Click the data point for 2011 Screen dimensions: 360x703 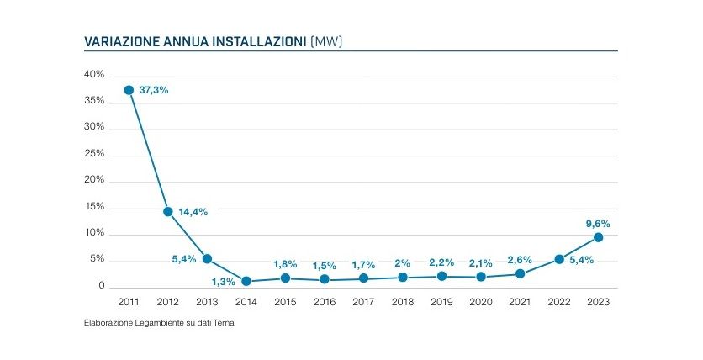click(x=129, y=90)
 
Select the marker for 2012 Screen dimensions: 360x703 click(x=168, y=211)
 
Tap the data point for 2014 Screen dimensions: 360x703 click(x=246, y=281)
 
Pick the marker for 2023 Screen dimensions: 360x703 click(x=598, y=237)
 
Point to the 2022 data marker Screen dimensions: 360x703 click(x=559, y=259)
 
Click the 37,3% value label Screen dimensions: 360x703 click(x=154, y=90)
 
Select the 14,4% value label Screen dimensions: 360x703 click(x=193, y=212)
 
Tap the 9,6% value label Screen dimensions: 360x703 click(x=597, y=224)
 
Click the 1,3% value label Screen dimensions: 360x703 click(x=223, y=282)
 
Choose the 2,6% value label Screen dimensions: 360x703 click(x=520, y=260)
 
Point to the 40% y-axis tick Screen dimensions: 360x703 click(x=94, y=75)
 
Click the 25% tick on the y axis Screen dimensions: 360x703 click(x=94, y=154)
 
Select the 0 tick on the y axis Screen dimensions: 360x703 click(x=101, y=287)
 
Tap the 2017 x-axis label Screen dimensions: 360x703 click(x=363, y=302)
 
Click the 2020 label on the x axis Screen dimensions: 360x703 click(x=481, y=302)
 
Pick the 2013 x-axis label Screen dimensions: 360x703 click(x=207, y=302)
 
